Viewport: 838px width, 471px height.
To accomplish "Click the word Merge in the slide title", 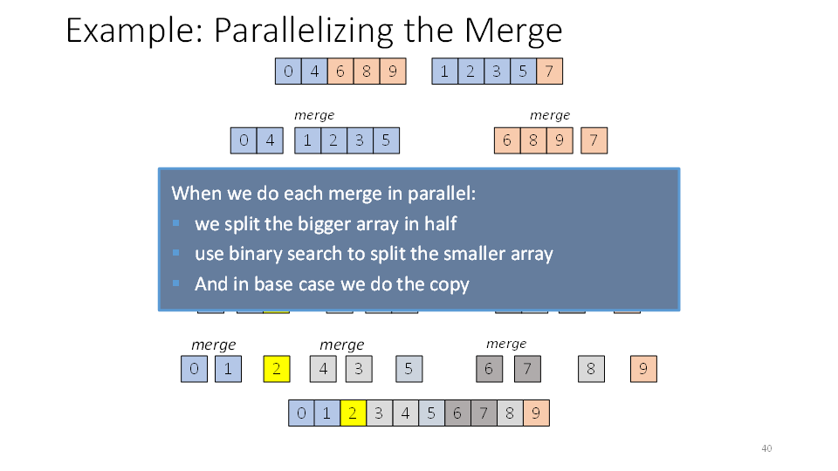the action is (x=512, y=31).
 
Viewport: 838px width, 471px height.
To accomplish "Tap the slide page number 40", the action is (x=766, y=448).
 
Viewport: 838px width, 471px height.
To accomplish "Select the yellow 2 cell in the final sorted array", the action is (x=353, y=413).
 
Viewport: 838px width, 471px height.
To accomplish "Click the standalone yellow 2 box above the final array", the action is (x=277, y=369).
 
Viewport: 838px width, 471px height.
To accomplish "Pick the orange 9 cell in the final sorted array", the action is (x=536, y=413).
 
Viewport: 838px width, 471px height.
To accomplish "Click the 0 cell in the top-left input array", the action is (x=288, y=71).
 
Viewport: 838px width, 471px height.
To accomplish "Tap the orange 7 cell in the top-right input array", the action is (x=549, y=71).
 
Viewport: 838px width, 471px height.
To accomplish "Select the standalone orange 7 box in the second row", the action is (x=594, y=140).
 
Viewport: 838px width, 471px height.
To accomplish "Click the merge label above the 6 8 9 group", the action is (x=550, y=115).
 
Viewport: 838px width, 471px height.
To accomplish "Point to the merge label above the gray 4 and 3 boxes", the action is (x=342, y=345).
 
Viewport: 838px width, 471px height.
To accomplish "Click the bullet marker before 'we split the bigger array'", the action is (x=175, y=223).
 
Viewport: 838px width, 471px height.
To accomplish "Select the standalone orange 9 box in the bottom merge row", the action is (x=643, y=369).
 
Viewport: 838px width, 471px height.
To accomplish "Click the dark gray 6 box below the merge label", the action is (x=489, y=369).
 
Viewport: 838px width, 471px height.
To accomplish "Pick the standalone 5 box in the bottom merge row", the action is (x=409, y=369).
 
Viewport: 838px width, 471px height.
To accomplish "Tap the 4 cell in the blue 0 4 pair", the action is (x=270, y=140).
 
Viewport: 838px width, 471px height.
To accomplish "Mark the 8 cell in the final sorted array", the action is (x=510, y=413).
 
